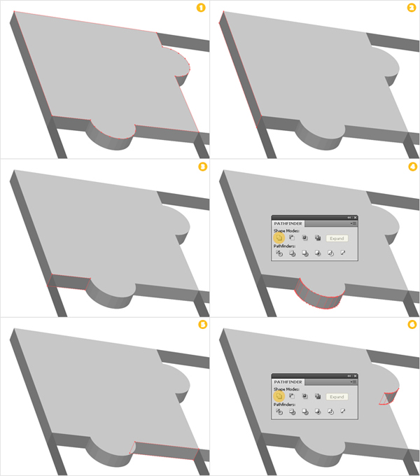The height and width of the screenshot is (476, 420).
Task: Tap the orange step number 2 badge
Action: (x=411, y=8)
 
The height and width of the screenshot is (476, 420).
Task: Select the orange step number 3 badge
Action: (x=202, y=167)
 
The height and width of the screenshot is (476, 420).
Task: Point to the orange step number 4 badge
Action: (x=411, y=167)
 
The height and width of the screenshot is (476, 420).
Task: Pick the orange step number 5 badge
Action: (x=202, y=325)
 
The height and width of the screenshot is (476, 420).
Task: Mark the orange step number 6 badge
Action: (x=411, y=325)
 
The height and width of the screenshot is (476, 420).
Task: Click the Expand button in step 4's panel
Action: (x=336, y=239)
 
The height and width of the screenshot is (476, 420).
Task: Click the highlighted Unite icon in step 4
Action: (x=279, y=238)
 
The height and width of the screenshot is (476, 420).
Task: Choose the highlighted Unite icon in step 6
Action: (x=279, y=396)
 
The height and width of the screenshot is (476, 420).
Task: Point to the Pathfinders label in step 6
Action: (x=284, y=405)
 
